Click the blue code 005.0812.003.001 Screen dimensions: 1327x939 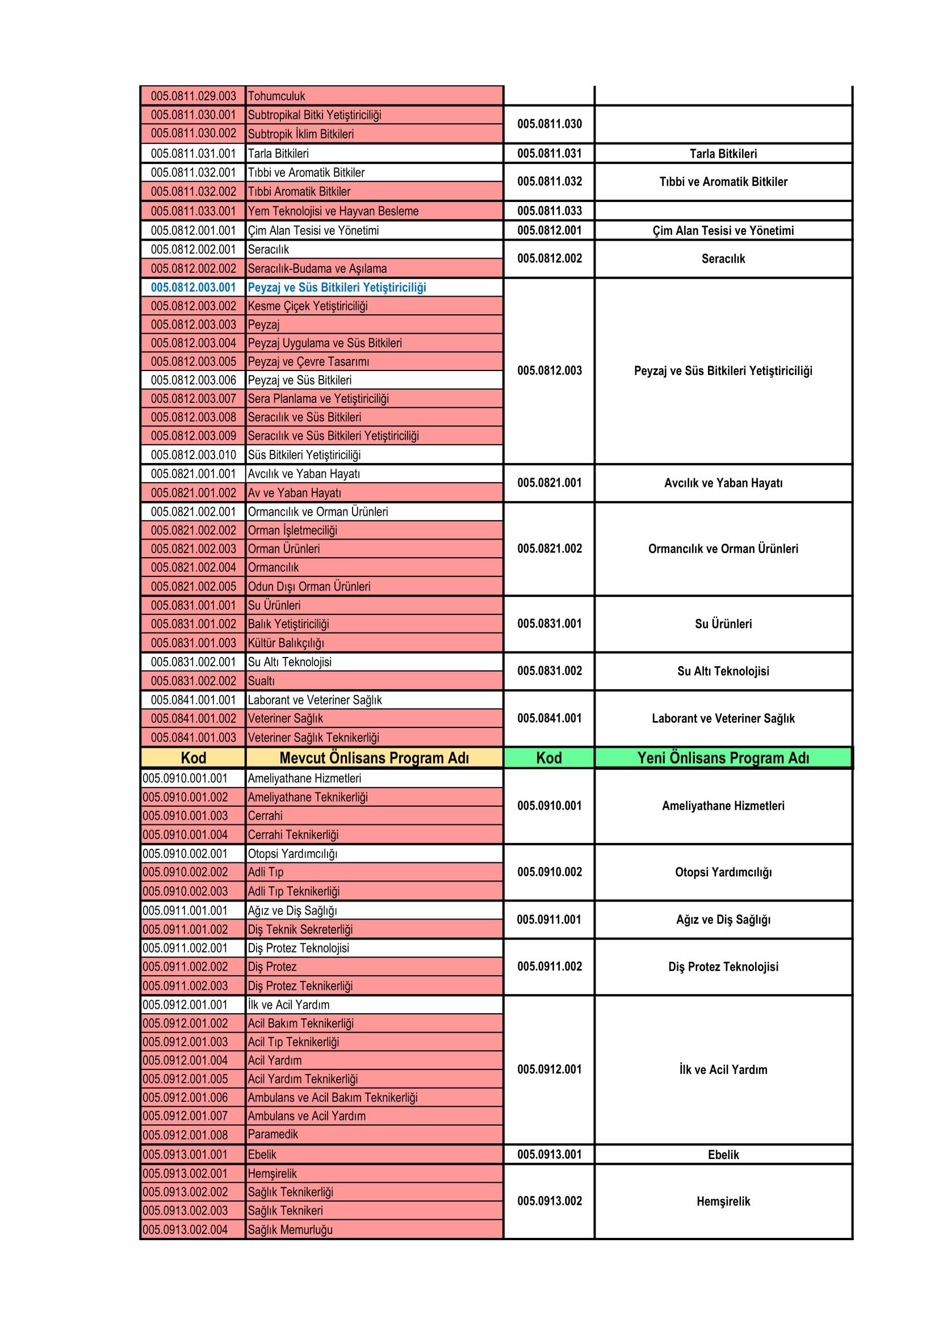pos(193,287)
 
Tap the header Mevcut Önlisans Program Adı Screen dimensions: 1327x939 pos(374,758)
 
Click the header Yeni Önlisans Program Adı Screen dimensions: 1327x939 pos(723,758)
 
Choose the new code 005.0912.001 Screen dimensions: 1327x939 pos(550,1069)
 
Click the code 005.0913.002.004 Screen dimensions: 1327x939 pos(185,1229)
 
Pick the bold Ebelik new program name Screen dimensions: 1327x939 pos(723,1154)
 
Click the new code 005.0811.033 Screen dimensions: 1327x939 pos(550,211)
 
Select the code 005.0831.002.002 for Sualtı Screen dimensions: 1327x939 pos(193,681)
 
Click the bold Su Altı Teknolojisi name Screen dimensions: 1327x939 pos(723,671)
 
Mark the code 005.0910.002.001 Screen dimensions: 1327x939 pos(185,854)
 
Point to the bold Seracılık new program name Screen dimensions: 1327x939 pos(723,258)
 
